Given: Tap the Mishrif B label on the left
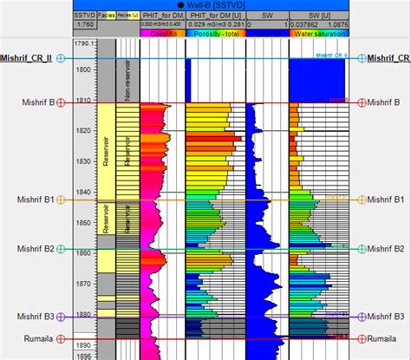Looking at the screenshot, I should click(x=36, y=102).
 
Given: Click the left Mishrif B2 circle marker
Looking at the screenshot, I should click(x=61, y=249).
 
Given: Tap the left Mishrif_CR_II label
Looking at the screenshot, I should click(x=27, y=58).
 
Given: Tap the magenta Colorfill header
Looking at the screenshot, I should click(x=161, y=35).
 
